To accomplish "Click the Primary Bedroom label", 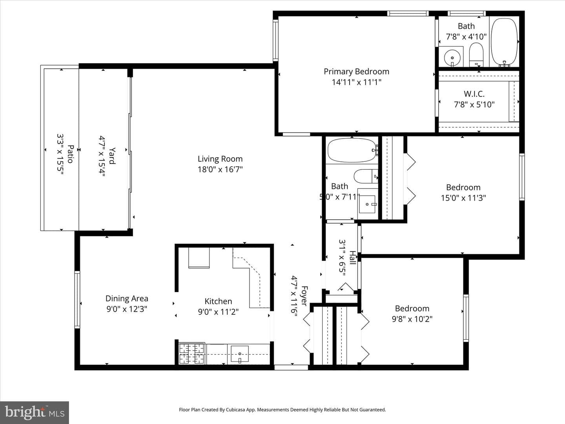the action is pyautogui.click(x=356, y=71).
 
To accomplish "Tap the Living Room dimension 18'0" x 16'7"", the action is pyautogui.click(x=220, y=169).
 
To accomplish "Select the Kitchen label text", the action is pyautogui.click(x=218, y=301).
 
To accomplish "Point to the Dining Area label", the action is pyautogui.click(x=127, y=299).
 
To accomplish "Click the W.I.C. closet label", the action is pyautogui.click(x=474, y=94).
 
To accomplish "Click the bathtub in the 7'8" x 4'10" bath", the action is pyautogui.click(x=504, y=42).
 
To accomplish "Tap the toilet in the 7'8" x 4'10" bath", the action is pyautogui.click(x=476, y=55).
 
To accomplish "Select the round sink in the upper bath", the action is pyautogui.click(x=452, y=58).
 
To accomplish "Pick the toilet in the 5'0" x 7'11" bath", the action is pyautogui.click(x=366, y=176).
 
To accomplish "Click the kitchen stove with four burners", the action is pyautogui.click(x=192, y=354).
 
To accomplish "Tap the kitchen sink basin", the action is pyautogui.click(x=240, y=354).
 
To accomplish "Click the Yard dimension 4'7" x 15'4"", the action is pyautogui.click(x=102, y=156).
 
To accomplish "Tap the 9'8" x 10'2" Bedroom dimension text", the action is pyautogui.click(x=412, y=319).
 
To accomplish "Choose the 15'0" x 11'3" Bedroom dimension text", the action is pyautogui.click(x=463, y=198).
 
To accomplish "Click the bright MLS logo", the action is pyautogui.click(x=35, y=412).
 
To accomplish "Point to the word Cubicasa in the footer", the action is pyautogui.click(x=235, y=409).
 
